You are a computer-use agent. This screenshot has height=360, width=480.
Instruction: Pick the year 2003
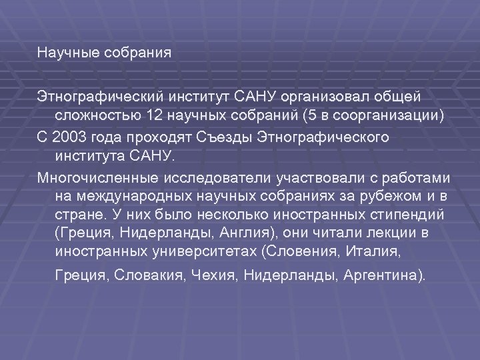point(67,137)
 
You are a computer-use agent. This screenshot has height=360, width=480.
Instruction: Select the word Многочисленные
point(96,179)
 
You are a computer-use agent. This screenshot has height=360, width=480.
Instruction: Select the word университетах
point(200,251)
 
